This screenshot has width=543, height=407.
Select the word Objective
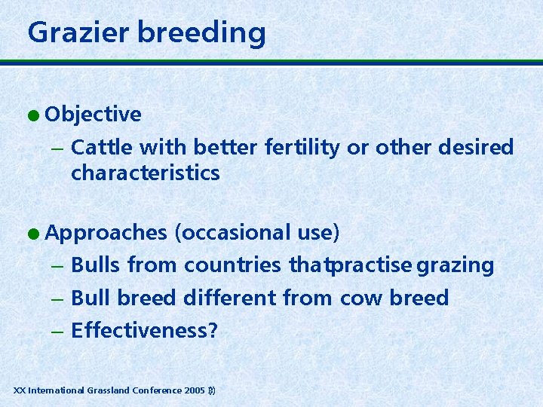(93, 115)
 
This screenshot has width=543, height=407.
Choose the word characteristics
(145, 173)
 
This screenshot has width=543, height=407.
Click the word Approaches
(106, 233)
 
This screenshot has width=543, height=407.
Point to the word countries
(232, 265)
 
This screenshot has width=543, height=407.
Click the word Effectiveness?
(144, 330)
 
